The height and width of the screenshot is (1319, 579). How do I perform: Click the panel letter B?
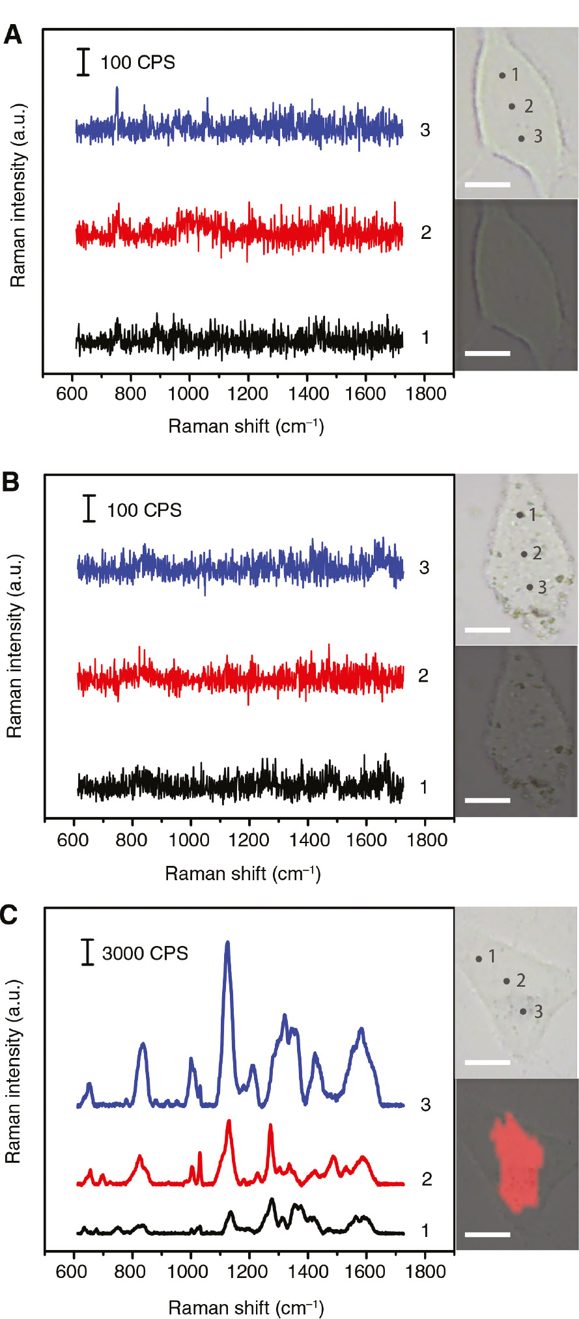click(11, 482)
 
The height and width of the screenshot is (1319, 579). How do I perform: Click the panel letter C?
click(10, 915)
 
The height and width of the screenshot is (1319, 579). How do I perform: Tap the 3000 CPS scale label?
click(145, 953)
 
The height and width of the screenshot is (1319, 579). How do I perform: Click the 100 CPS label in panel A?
click(137, 62)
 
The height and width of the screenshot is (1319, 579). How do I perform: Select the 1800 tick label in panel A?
click(425, 394)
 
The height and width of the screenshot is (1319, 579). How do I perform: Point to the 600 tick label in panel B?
click(72, 840)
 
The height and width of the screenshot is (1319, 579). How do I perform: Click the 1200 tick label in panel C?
click(248, 1271)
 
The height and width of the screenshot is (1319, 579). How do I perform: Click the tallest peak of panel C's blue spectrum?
click(227, 943)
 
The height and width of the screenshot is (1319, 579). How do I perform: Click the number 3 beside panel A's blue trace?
click(425, 130)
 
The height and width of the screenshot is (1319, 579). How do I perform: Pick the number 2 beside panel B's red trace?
click(423, 676)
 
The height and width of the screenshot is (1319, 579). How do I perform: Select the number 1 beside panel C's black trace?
click(425, 1230)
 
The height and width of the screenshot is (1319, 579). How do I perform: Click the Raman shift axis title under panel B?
click(243, 873)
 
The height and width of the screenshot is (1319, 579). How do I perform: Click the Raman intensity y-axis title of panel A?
click(18, 195)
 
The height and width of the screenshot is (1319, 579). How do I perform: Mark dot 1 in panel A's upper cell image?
click(502, 76)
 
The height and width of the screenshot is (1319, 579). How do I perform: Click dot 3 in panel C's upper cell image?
click(523, 1011)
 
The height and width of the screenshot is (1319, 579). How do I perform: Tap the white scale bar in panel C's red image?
click(488, 1234)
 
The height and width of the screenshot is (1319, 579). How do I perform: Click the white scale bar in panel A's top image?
click(487, 184)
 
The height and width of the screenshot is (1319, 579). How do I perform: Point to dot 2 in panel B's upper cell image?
click(524, 554)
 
